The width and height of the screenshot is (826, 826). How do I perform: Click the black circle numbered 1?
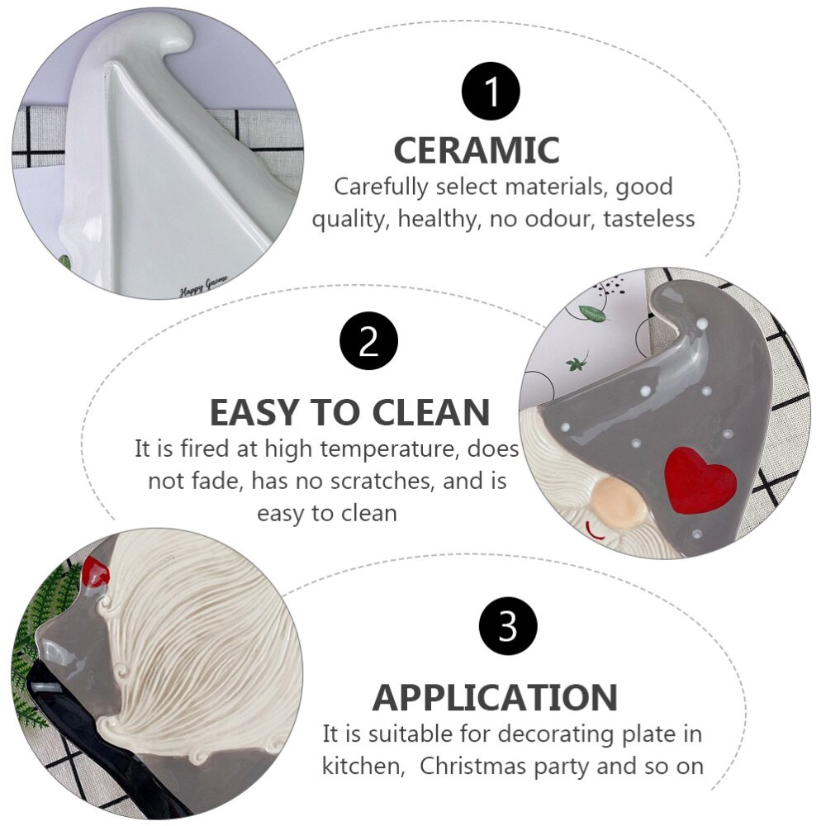pyautogui.click(x=491, y=91)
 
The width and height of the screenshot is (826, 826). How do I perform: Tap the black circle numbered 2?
pyautogui.click(x=368, y=341)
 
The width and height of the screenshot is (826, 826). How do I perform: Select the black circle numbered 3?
pyautogui.click(x=508, y=626)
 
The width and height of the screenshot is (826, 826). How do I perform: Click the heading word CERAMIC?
pyautogui.click(x=477, y=150)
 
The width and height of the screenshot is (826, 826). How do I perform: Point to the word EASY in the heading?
pyautogui.click(x=257, y=412)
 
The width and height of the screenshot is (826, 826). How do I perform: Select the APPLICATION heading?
pyautogui.click(x=495, y=697)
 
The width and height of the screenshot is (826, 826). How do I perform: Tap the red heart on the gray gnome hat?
pyautogui.click(x=700, y=478)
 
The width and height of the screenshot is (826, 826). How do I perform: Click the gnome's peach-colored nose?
pyautogui.click(x=618, y=502)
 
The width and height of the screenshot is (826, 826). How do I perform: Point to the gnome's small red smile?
pyautogui.click(x=596, y=533)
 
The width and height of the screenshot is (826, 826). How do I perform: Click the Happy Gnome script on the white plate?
pyautogui.click(x=203, y=286)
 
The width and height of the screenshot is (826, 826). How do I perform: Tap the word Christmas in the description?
pyautogui.click(x=477, y=766)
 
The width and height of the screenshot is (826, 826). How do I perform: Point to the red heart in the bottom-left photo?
pyautogui.click(x=96, y=572)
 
